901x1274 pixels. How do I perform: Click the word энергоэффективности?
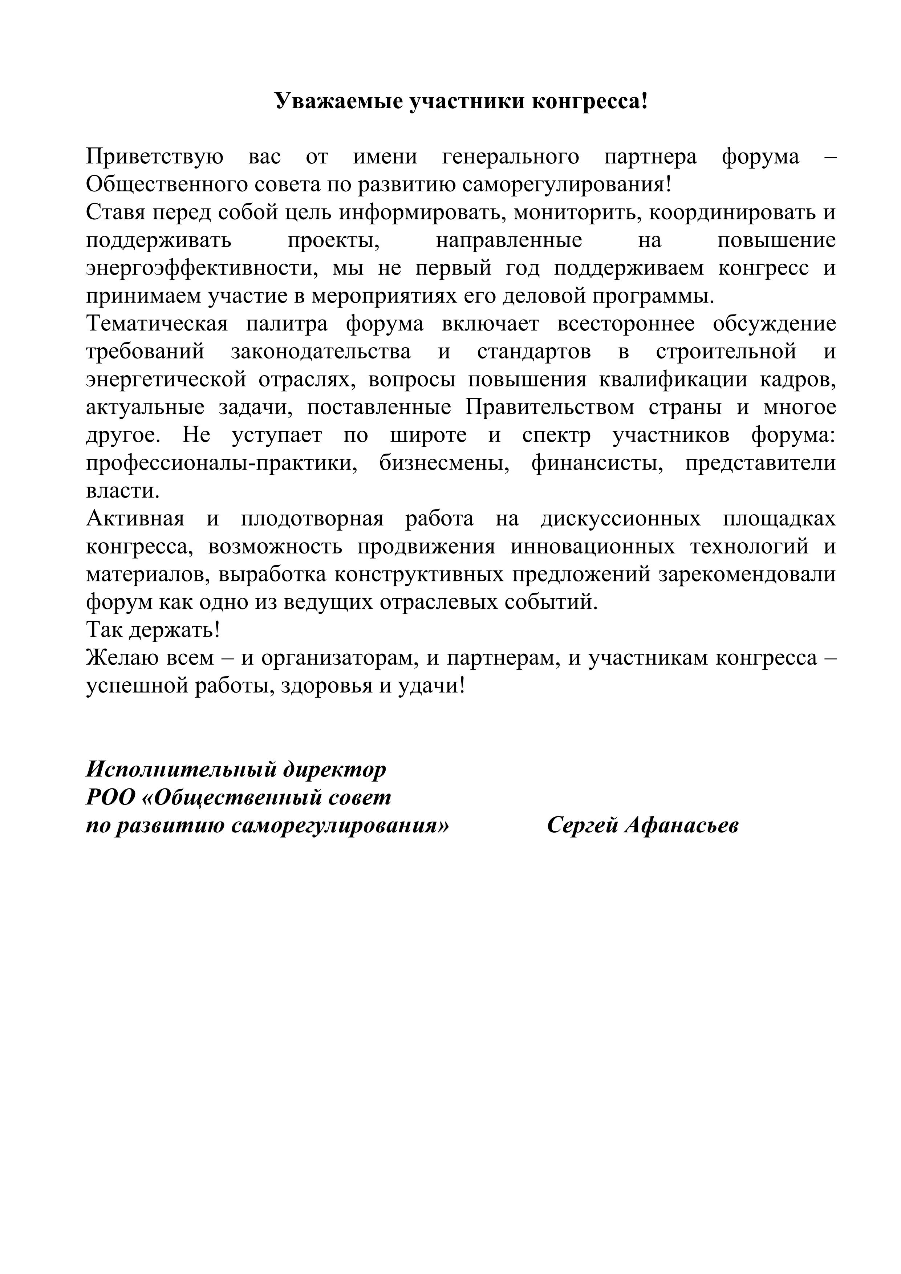pyautogui.click(x=202, y=268)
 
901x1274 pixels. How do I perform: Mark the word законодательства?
pyautogui.click(x=321, y=352)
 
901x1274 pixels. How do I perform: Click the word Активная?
pyautogui.click(x=135, y=519)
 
